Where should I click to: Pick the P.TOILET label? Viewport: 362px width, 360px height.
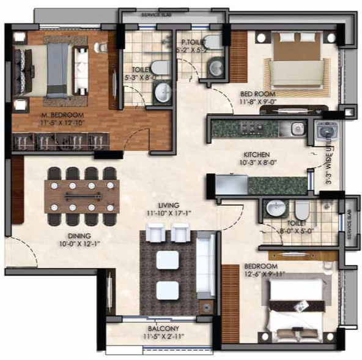191,42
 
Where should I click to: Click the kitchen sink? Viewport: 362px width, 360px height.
297,128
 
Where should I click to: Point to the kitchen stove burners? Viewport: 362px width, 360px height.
251,128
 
